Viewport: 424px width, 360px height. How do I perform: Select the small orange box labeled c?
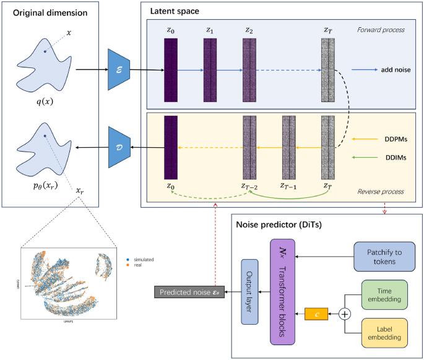coord(318,314)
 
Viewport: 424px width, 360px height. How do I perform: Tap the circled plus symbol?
coord(345,314)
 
